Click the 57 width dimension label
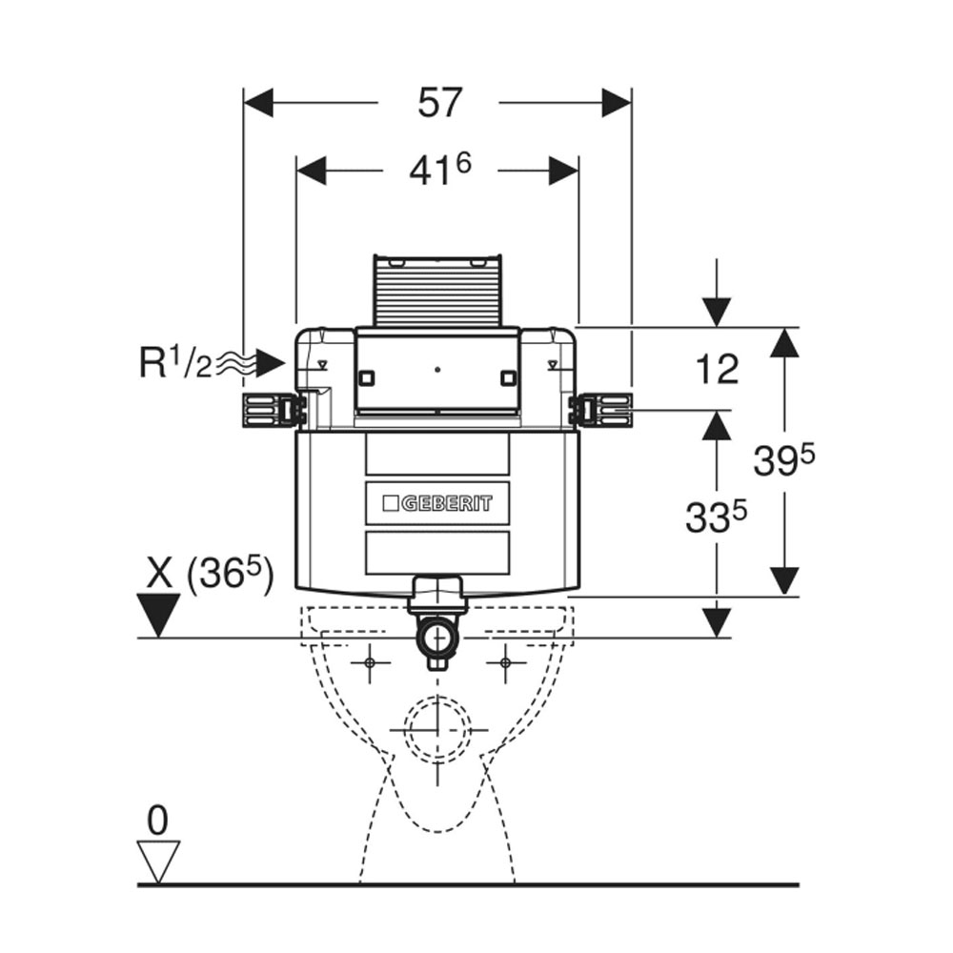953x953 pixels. tap(440, 102)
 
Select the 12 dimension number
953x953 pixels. tap(718, 368)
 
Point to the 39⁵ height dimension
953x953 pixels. tap(784, 459)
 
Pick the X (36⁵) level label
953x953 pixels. tap(210, 574)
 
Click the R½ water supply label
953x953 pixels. tap(175, 363)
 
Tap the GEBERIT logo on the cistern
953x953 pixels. tap(437, 503)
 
